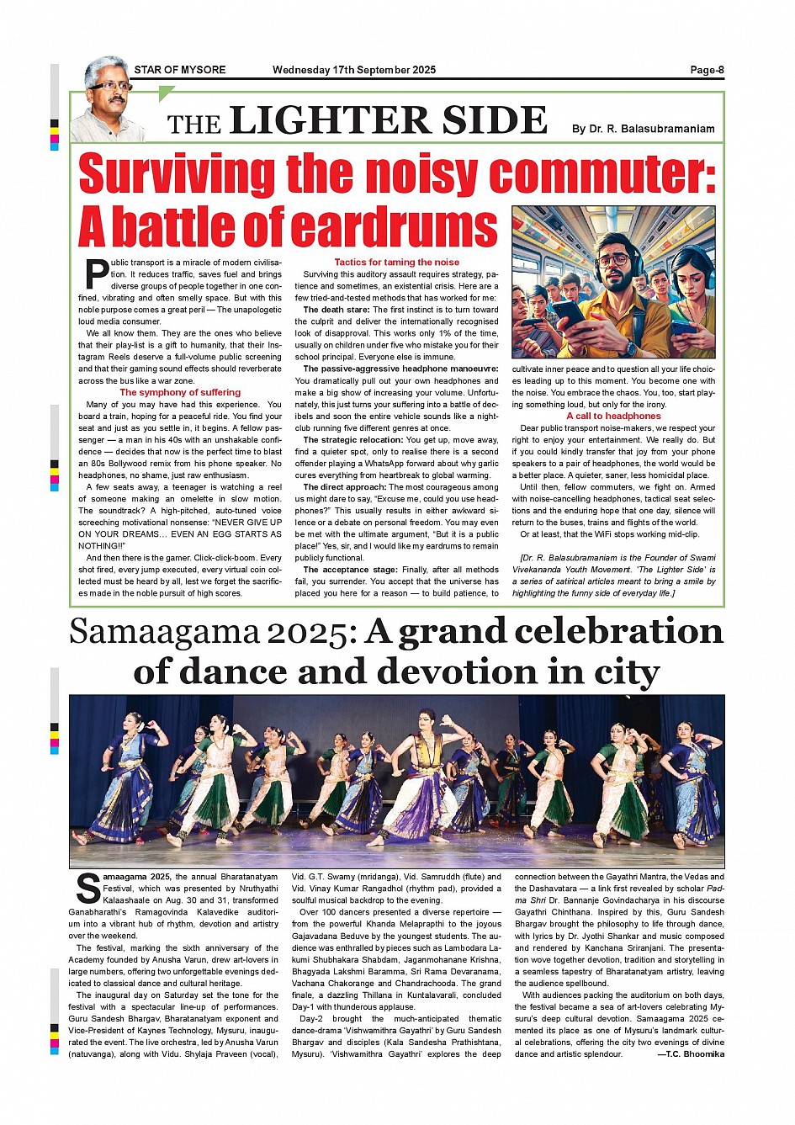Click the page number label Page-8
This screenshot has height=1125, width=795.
point(706,70)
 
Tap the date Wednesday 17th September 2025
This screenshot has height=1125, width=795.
point(354,70)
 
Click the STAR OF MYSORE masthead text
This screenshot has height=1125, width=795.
point(180,70)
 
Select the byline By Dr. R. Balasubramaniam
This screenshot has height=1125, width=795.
point(643,129)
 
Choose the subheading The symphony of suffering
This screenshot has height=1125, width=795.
point(180,392)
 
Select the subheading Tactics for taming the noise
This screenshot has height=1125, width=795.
point(397,263)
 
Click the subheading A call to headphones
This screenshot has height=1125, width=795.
point(613,416)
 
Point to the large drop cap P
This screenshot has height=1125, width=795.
point(96,274)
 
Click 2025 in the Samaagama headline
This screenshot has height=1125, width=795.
point(310,632)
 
